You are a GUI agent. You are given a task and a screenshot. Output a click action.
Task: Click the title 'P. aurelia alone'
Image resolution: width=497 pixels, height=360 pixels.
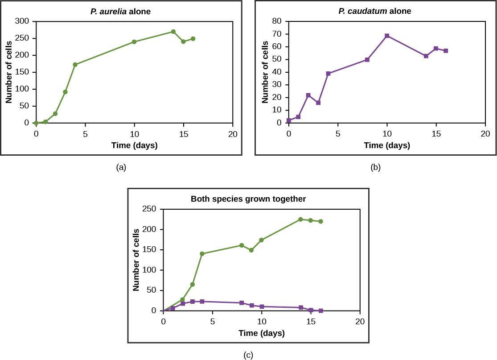click(x=120, y=12)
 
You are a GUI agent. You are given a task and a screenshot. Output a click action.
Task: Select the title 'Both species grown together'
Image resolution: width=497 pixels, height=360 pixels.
click(x=248, y=199)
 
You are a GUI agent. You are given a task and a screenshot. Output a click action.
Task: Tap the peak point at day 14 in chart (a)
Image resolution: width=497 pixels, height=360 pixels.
click(x=173, y=32)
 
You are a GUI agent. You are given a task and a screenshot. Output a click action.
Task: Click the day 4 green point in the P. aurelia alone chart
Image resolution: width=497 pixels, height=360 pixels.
click(x=75, y=65)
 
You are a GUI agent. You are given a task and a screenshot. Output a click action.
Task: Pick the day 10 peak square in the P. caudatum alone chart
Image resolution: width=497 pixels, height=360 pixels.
click(x=387, y=36)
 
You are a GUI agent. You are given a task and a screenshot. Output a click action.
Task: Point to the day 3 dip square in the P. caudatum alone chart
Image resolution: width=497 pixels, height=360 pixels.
click(x=318, y=103)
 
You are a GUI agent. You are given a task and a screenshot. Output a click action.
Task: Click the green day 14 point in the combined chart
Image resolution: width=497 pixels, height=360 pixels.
click(x=300, y=219)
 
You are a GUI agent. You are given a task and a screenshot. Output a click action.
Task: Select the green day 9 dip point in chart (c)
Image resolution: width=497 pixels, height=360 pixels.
click(x=251, y=250)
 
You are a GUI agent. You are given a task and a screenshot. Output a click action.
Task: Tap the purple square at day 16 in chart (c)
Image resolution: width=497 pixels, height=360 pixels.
click(x=320, y=310)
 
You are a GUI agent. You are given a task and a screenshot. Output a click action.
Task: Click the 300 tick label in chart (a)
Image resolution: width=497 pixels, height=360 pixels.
click(x=22, y=21)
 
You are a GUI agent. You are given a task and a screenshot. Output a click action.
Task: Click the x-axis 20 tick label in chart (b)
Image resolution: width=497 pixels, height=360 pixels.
click(x=485, y=134)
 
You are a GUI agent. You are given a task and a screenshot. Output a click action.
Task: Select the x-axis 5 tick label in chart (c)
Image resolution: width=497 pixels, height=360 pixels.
click(x=213, y=322)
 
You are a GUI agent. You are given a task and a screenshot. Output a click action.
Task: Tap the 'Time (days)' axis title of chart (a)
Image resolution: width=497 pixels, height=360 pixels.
click(x=134, y=145)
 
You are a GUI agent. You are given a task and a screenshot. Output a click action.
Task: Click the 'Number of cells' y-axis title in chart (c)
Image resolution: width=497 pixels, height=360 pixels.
click(x=136, y=260)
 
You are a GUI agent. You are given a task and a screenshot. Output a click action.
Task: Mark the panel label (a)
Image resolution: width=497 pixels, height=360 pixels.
click(x=121, y=167)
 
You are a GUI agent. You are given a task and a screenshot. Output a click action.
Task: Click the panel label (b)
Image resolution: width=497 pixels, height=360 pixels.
click(x=375, y=167)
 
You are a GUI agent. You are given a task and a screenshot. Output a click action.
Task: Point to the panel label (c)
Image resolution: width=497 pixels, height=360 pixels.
click(x=248, y=355)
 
